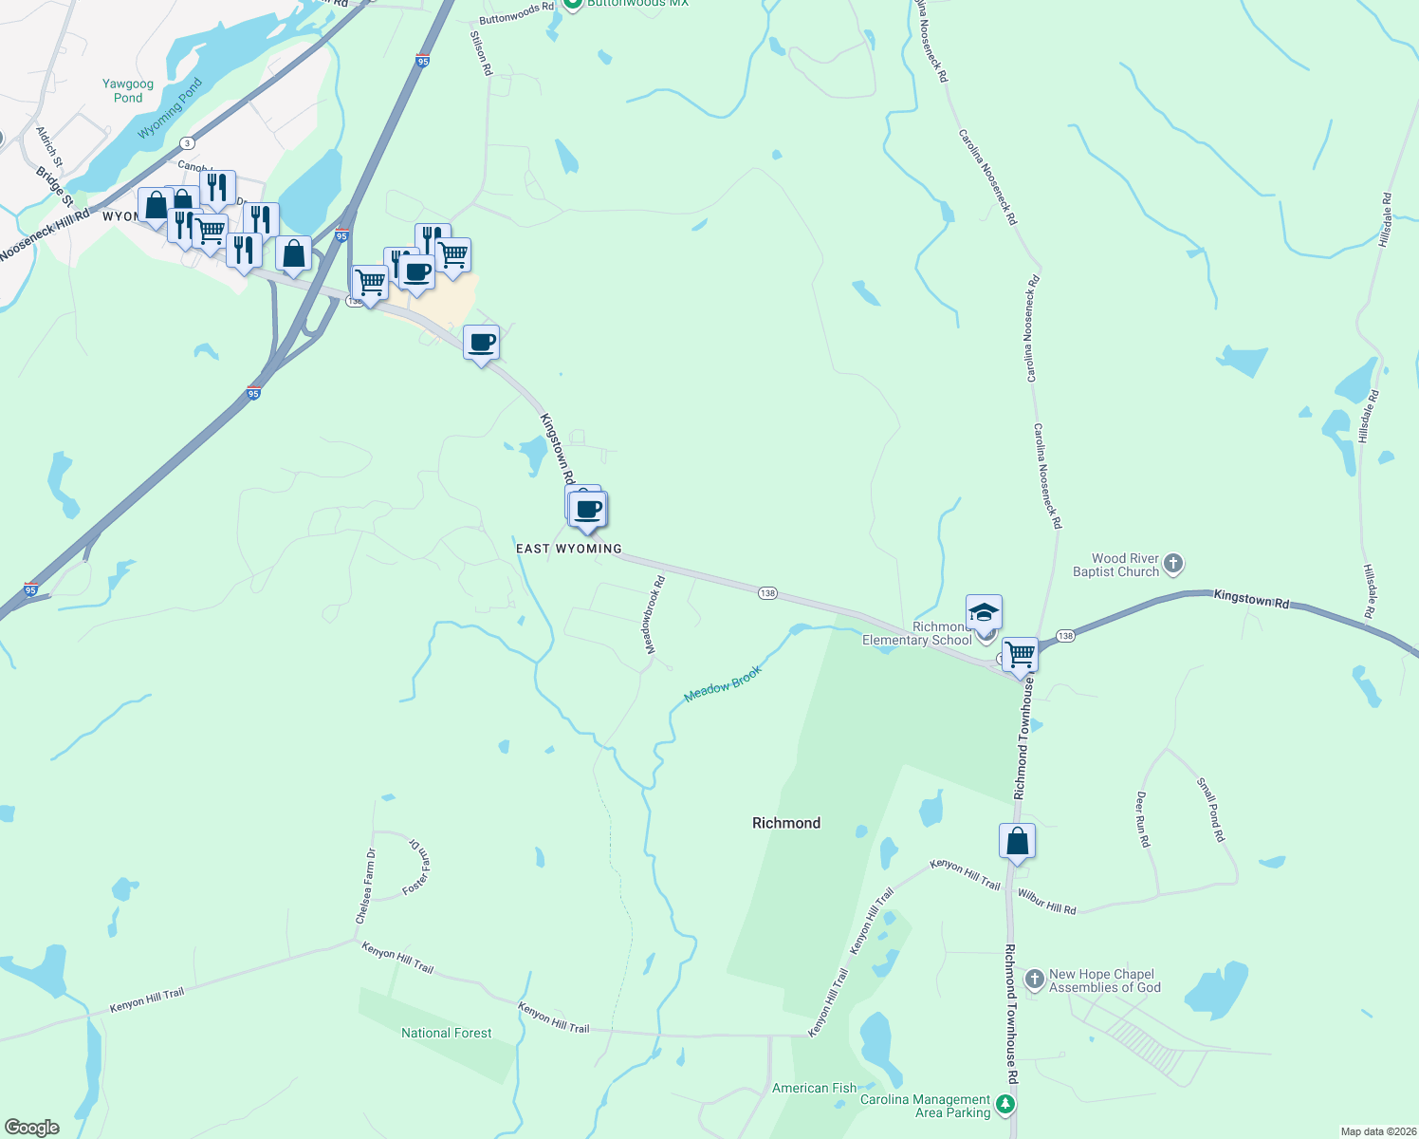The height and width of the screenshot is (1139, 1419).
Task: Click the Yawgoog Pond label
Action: (x=128, y=91)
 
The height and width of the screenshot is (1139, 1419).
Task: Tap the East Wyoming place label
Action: (x=568, y=549)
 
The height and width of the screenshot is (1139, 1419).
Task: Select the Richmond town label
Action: (x=785, y=823)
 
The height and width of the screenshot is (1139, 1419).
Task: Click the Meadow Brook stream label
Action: (x=723, y=683)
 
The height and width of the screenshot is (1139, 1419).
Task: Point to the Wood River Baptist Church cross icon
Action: (x=1173, y=564)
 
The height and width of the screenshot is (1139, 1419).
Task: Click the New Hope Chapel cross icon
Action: (x=1034, y=979)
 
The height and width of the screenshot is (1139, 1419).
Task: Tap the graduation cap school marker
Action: (x=984, y=611)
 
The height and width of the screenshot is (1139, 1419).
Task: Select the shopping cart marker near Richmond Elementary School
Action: (x=1020, y=654)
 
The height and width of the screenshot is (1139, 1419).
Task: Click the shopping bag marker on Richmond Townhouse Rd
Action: (x=1017, y=841)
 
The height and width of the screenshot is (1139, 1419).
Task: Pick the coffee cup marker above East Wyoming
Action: (x=589, y=510)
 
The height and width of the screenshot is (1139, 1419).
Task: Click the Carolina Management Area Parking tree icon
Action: (x=1005, y=1105)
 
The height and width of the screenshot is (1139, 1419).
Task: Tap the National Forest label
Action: (x=446, y=1033)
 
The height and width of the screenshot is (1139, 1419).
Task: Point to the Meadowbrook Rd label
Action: (x=654, y=614)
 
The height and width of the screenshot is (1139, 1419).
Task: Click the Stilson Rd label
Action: (x=482, y=53)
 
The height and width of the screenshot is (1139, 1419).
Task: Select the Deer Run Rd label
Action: (x=1143, y=819)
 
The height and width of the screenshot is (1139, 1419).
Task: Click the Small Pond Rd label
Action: (x=1210, y=810)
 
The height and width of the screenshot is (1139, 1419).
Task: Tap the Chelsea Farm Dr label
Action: (x=365, y=887)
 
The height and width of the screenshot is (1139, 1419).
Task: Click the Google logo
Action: (x=32, y=1128)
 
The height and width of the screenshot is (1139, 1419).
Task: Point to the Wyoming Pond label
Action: (x=171, y=108)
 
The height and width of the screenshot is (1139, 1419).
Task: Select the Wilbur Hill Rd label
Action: (x=1046, y=902)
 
